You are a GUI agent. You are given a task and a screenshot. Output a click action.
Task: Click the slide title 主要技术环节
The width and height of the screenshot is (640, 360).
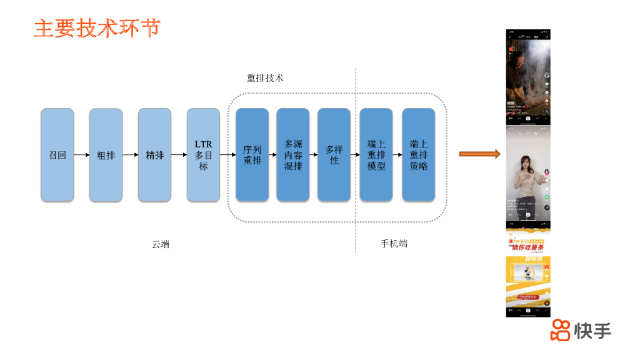click(x=97, y=28)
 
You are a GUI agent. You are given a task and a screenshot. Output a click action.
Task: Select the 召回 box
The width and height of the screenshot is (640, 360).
click(x=57, y=155)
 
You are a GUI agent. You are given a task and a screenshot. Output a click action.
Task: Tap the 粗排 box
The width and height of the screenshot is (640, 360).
click(x=106, y=155)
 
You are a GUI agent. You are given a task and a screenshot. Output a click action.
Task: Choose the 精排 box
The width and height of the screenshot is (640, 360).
click(x=154, y=155)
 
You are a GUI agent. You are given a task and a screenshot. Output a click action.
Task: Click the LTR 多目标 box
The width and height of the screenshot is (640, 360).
click(x=203, y=155)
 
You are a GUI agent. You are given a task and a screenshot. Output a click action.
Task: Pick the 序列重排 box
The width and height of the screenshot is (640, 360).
click(x=252, y=155)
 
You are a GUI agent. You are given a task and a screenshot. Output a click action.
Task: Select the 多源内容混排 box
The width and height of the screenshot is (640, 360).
click(x=293, y=155)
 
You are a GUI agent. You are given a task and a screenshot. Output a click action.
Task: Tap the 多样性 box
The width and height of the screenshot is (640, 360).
click(x=334, y=155)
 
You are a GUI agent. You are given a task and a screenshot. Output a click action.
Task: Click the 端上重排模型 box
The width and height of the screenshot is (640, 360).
click(x=376, y=155)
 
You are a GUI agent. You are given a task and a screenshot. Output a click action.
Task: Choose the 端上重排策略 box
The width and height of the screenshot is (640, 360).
click(x=418, y=155)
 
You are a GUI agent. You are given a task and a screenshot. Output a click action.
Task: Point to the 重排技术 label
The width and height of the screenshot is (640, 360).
click(x=265, y=78)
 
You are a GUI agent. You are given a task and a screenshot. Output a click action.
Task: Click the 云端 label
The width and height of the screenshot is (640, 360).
click(x=161, y=244)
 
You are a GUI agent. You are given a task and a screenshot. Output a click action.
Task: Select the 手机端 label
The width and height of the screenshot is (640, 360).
click(x=394, y=244)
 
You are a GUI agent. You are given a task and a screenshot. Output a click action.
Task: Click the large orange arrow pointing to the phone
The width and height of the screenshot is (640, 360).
click(x=479, y=154)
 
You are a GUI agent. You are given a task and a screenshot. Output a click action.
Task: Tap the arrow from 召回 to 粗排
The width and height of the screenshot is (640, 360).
click(x=81, y=155)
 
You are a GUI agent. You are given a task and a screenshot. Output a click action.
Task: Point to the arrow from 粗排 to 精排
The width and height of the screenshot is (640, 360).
click(x=130, y=155)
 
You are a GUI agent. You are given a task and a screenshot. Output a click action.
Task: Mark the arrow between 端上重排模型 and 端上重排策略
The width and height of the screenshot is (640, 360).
click(x=397, y=155)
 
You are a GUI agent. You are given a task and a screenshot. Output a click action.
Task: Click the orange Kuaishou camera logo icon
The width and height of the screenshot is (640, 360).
click(x=560, y=330)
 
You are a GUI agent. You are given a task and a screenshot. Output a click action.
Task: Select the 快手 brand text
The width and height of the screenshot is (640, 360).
click(x=592, y=331)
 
